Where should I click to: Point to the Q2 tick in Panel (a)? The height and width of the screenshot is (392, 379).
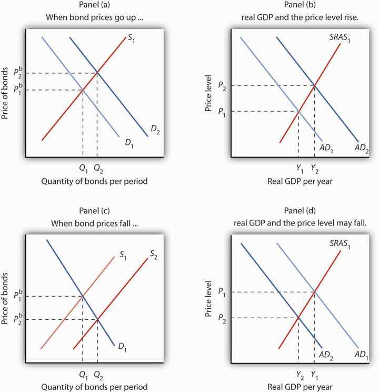(97, 169)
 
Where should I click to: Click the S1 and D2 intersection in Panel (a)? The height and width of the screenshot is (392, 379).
(97, 73)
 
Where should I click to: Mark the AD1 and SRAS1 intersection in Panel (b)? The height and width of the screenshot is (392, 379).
(298, 111)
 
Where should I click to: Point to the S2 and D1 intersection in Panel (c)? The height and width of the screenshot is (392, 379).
(97, 319)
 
